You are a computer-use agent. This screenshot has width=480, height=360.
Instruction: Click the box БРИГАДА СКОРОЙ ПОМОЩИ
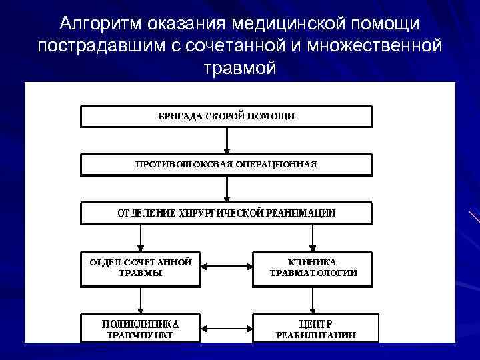click(x=227, y=116)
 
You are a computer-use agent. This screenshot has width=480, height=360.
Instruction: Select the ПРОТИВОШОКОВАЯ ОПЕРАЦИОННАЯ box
click(x=227, y=164)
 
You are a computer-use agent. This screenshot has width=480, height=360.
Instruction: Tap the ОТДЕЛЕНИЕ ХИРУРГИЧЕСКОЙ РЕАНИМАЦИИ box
click(x=227, y=213)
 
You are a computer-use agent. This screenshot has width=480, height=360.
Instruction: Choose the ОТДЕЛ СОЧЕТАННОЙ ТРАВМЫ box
click(x=141, y=267)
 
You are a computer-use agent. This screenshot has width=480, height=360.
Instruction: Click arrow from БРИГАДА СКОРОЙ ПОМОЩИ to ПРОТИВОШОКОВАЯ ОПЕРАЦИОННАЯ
click(x=227, y=140)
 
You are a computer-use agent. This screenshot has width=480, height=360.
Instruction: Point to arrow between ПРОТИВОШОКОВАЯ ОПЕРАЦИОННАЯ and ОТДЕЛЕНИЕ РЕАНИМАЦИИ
click(x=227, y=189)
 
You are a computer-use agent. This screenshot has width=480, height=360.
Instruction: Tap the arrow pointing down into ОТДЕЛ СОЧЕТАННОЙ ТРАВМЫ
click(x=141, y=237)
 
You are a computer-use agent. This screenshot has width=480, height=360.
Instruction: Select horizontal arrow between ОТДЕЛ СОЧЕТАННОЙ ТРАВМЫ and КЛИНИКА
click(x=227, y=267)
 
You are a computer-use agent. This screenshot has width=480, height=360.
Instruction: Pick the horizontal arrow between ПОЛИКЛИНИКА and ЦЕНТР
click(x=227, y=327)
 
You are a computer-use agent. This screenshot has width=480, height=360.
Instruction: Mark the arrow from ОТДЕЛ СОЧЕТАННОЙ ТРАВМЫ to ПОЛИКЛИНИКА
click(x=141, y=300)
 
